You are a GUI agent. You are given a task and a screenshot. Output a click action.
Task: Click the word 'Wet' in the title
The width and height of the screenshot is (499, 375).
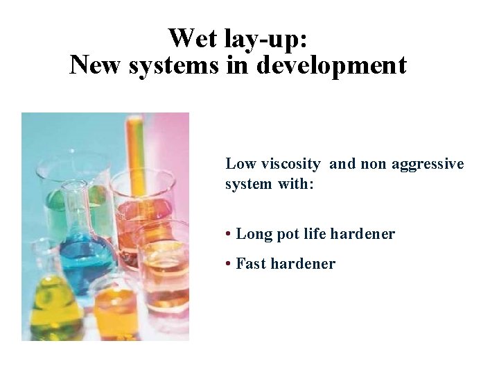tap(192, 37)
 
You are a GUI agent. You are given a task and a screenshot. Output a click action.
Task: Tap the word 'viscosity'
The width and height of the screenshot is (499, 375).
tap(291, 165)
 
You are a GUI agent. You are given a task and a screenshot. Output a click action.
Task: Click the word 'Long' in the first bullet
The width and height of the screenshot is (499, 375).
tap(253, 234)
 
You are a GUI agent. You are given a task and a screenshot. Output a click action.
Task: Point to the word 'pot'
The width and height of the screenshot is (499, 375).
tap(287, 235)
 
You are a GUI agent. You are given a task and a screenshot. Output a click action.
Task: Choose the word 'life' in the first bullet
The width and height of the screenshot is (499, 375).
tap(315, 234)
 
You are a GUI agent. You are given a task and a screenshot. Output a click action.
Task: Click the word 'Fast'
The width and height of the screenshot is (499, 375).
tap(251, 264)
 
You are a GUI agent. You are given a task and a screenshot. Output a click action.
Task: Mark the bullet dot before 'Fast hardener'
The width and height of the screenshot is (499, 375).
tap(229, 264)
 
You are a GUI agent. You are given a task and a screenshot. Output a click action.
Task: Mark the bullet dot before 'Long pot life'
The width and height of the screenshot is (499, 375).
tap(229, 234)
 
